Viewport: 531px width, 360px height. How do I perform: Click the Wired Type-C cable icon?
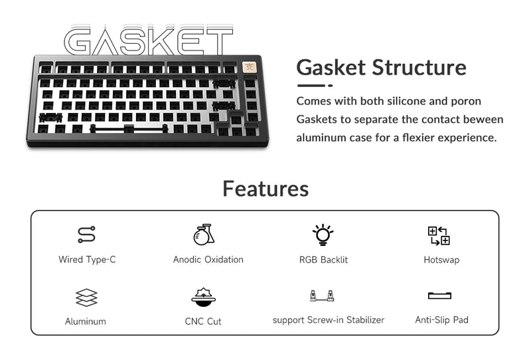click(86, 234)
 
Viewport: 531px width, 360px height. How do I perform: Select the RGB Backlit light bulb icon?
click(323, 234)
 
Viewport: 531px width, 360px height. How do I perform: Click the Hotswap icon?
click(439, 235)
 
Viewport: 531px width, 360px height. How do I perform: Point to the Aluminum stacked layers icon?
click(86, 297)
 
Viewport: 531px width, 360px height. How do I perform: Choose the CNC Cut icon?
click(203, 297)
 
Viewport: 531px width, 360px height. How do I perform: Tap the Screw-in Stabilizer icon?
click(321, 296)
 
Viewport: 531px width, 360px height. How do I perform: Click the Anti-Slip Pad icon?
click(439, 296)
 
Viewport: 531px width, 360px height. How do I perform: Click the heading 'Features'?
click(265, 189)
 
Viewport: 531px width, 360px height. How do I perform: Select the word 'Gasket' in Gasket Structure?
click(331, 67)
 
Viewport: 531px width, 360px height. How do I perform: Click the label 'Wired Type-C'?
click(87, 260)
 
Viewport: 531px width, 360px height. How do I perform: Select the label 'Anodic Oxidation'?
click(208, 260)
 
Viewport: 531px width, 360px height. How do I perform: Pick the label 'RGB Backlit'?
click(323, 260)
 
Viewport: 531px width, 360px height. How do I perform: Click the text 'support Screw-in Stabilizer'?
click(329, 320)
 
